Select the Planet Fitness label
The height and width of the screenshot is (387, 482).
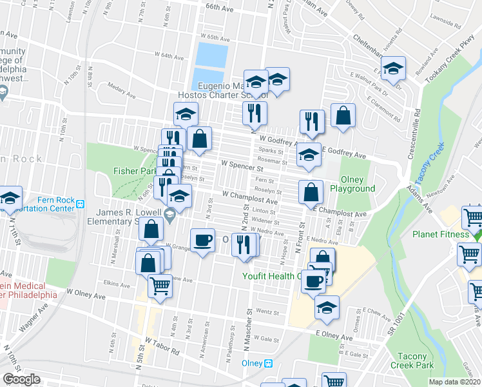[x=441, y=234]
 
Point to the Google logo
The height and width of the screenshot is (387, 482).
[x=21, y=379]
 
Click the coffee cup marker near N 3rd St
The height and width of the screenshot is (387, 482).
[x=203, y=241]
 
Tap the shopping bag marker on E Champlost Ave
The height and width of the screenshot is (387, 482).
[x=311, y=192]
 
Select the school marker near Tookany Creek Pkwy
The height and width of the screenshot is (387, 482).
[x=391, y=68]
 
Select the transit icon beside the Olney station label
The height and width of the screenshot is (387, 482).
[x=268, y=363]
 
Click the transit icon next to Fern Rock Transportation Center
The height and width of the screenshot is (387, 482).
[x=81, y=204]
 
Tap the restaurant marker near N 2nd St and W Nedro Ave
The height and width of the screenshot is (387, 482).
[x=244, y=244]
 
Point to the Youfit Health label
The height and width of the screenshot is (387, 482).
[x=271, y=276]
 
